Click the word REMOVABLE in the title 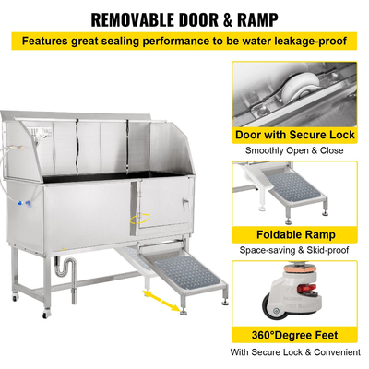tap(133, 19)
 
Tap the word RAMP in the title tap(257, 19)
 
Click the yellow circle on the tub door tap(140, 218)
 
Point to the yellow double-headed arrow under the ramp tap(161, 301)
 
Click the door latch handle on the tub tap(185, 203)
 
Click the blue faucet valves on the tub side tap(24, 203)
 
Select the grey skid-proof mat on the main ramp tap(185, 271)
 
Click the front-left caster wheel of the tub tap(46, 315)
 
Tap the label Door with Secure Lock tap(295, 135)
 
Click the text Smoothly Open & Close tap(294, 150)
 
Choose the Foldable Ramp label tap(296, 234)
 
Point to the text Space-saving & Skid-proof tap(294, 250)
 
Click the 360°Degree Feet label tap(294, 335)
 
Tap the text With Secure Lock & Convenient tap(295, 351)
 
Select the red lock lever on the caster tap(308, 289)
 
